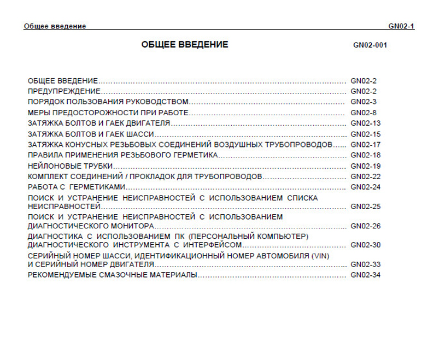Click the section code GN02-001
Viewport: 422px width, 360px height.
pos(370,45)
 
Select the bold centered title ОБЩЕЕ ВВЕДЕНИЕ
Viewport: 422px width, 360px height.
pos(185,45)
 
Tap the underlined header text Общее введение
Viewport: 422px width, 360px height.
pos(55,26)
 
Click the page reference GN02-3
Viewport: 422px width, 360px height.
pos(364,102)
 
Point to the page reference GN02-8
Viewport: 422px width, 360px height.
pos(364,113)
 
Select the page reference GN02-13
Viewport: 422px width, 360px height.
pos(365,123)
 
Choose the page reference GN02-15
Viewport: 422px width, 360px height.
pos(365,134)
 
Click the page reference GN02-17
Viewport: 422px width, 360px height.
pos(365,145)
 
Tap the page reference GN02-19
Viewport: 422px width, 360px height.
pos(365,166)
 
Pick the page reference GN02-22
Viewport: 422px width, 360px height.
pos(365,177)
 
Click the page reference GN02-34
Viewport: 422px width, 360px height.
pos(365,274)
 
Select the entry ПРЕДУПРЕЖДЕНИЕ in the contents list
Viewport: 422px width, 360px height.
pos(64,91)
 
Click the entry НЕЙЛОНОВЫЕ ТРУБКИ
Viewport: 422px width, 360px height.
pos(71,166)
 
